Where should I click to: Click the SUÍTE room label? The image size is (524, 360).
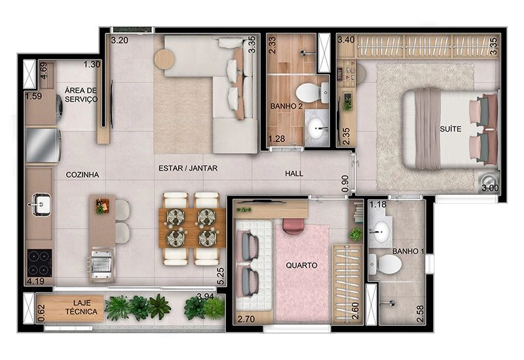pyautogui.click(x=451, y=128)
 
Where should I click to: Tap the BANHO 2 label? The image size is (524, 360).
pyautogui.click(x=286, y=106)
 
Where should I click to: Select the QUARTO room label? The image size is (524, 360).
pyautogui.click(x=301, y=266)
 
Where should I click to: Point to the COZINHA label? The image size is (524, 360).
pyautogui.click(x=83, y=175)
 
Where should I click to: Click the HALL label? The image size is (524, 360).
pyautogui.click(x=294, y=173)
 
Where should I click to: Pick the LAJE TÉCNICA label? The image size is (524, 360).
pyautogui.click(x=81, y=307)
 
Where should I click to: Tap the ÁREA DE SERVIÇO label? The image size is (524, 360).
pyautogui.click(x=81, y=94)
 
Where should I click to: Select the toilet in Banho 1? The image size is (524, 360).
pyautogui.click(x=385, y=264)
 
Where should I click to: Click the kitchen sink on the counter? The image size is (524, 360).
pyautogui.click(x=41, y=204)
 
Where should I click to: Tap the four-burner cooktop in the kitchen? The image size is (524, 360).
pyautogui.click(x=39, y=262)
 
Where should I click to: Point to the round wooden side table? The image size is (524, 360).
pyautogui.click(x=164, y=59)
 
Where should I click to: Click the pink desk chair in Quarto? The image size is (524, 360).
pyautogui.click(x=293, y=226)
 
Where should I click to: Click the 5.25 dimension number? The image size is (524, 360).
pyautogui.click(x=221, y=276)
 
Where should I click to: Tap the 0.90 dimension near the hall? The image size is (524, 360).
pyautogui.click(x=345, y=184)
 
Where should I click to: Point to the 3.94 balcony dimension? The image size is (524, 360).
pyautogui.click(x=206, y=297)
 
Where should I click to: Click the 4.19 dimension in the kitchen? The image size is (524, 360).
pyautogui.click(x=35, y=281)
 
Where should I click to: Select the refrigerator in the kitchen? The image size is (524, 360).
pyautogui.click(x=43, y=145)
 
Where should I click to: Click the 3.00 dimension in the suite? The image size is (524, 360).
pyautogui.click(x=490, y=188)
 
